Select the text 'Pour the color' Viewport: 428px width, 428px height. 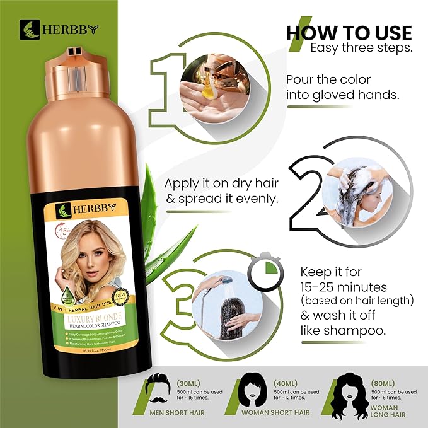tap(328, 81)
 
